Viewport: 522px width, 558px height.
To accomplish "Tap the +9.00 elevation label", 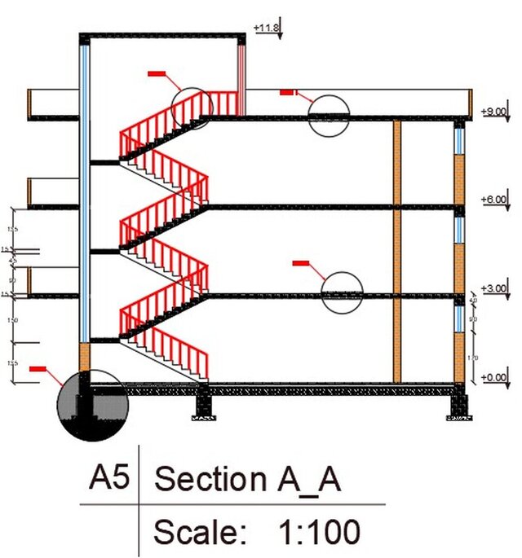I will (494, 111).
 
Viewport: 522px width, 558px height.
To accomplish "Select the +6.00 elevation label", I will (494, 200).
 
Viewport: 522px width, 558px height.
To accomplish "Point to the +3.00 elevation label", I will (494, 288).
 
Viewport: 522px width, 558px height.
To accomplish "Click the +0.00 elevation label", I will (494, 377).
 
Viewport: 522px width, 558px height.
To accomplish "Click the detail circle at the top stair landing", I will (192, 108).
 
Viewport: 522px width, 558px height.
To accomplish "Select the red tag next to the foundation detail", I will (38, 370).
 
